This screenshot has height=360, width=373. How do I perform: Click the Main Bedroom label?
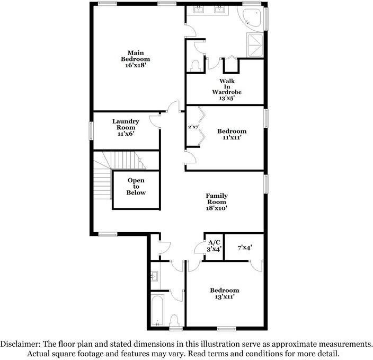point(135,56)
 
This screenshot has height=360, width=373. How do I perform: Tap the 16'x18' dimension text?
point(135,66)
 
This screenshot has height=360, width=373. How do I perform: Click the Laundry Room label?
point(126,124)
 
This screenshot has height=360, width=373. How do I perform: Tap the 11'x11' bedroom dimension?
point(232,138)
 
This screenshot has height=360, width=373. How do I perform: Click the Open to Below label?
point(136,187)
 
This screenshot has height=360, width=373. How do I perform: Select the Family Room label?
point(216,199)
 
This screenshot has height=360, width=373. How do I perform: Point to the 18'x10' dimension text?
point(216,209)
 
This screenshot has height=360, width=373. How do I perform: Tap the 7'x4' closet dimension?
point(244,247)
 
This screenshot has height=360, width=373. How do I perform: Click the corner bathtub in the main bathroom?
point(252,17)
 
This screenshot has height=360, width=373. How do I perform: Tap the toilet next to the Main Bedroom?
point(194,65)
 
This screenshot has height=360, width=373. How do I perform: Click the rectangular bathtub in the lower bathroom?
point(157,311)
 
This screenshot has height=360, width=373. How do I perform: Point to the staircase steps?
point(103,183)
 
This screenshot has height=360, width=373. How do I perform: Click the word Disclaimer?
point(20,344)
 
